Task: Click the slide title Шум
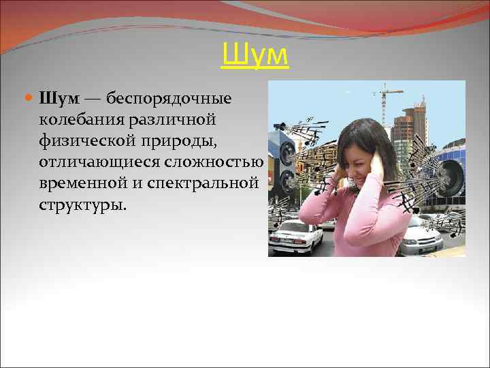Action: [x=255, y=56]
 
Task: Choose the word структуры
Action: [x=82, y=205]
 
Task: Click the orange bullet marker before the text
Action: [x=27, y=99]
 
